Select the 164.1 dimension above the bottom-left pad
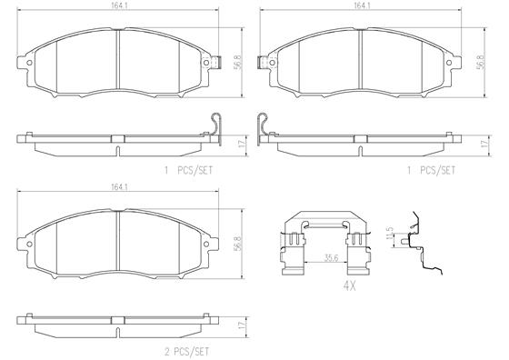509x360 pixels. tap(118, 187)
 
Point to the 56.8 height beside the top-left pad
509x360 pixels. tap(238, 62)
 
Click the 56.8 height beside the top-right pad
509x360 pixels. tap(481, 62)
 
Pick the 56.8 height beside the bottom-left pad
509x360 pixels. tap(238, 244)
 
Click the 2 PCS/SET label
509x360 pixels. tap(186, 352)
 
